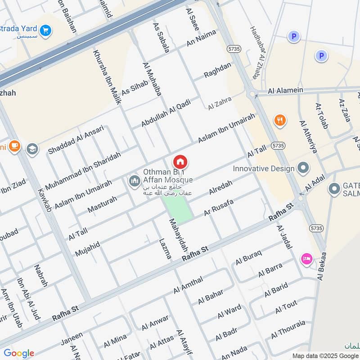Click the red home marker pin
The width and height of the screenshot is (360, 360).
180,162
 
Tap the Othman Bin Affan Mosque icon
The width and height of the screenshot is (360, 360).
134,181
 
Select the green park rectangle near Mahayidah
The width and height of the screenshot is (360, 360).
177,209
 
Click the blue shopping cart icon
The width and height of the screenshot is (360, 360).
45,31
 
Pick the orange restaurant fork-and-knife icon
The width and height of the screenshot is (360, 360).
280,120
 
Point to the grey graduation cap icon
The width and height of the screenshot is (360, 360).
32,149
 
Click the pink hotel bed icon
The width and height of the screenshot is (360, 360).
306,259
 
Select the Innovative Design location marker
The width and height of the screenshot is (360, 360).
304,169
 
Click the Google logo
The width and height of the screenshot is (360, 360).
19,353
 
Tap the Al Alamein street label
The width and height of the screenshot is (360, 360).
285,90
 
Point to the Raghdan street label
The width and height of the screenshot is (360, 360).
217,70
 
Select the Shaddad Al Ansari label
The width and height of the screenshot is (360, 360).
76,140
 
